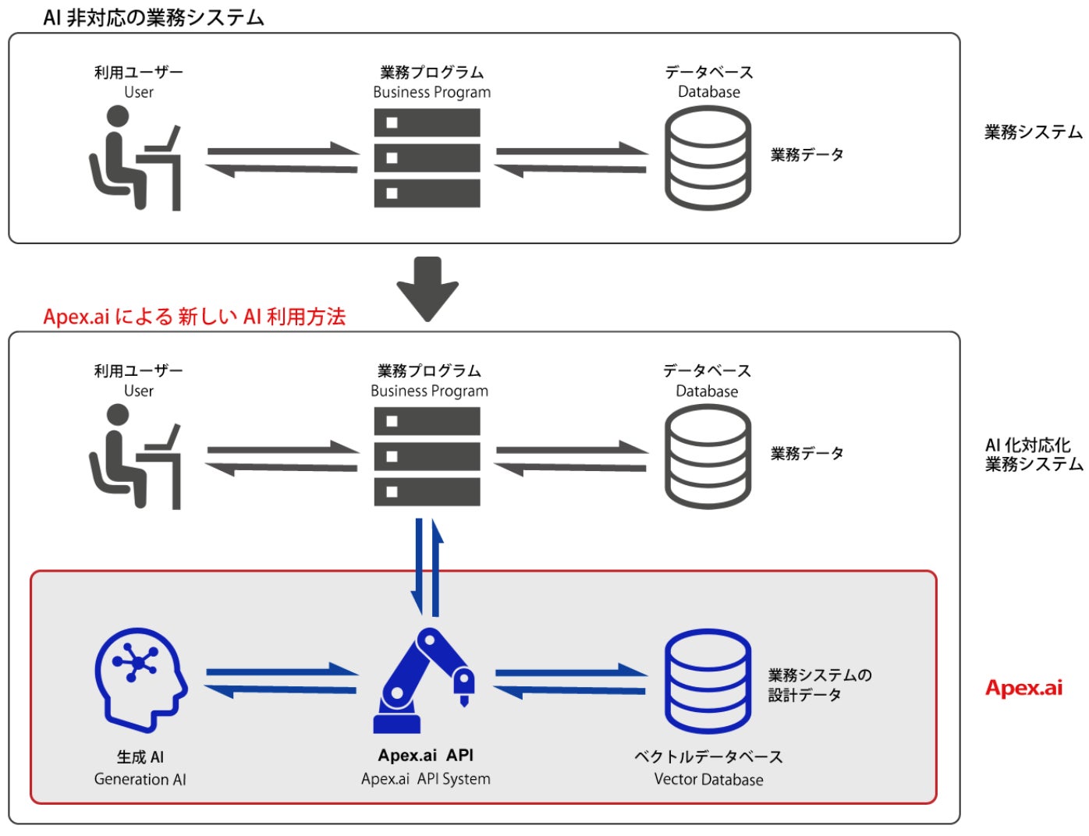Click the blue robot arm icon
pos(424,680)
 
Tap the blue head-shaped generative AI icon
pos(141,680)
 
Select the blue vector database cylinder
pos(708,681)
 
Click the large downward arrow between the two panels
pos(427,289)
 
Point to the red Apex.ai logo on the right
pos(1023,688)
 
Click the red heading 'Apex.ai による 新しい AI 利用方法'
pos(194,317)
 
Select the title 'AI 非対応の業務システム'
pos(154,18)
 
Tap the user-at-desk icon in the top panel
pos(135,158)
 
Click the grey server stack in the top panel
pos(427,158)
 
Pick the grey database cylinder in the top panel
pos(708,158)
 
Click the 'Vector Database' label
pos(708,779)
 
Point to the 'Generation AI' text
pos(140,779)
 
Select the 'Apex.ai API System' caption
pos(425,779)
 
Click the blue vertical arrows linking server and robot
pos(427,567)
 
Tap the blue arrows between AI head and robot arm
pos(281,681)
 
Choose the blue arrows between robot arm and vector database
pos(571,681)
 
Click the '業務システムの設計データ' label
pos(819,685)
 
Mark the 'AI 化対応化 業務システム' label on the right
pos(1034,455)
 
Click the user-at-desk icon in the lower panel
pos(135,456)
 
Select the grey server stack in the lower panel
pos(427,456)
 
